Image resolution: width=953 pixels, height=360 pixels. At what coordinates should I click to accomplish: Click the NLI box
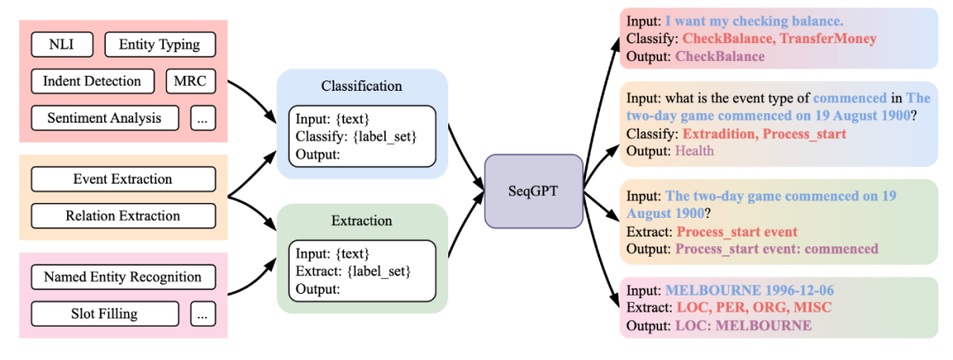coord(62,44)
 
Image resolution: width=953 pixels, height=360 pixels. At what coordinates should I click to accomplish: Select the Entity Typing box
coord(160,44)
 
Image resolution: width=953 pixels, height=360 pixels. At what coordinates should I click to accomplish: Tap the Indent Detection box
coord(92,81)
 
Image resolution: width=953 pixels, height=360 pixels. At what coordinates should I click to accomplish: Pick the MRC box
coord(191,81)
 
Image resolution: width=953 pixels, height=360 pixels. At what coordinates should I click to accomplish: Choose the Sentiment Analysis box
coord(105,117)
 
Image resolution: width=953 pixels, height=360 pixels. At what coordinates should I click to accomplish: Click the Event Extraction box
coord(123,179)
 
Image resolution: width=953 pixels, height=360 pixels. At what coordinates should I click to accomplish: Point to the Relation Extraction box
coord(123,215)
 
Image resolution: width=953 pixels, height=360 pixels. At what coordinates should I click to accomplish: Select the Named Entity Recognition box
coord(123,277)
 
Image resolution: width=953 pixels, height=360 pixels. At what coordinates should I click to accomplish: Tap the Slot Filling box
coord(105,313)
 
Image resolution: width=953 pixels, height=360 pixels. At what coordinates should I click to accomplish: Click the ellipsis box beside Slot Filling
coord(203,313)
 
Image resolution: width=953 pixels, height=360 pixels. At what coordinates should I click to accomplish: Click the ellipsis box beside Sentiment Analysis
coord(203,117)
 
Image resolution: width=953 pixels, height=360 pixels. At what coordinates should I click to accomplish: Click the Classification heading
coord(362,86)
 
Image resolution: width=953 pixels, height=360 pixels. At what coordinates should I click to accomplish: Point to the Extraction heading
coord(362,221)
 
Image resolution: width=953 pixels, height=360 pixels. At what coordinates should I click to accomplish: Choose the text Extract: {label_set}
coord(353,269)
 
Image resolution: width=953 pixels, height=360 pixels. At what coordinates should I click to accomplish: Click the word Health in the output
coord(695,151)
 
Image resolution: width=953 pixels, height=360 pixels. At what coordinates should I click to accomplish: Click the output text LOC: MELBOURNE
coord(744,326)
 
